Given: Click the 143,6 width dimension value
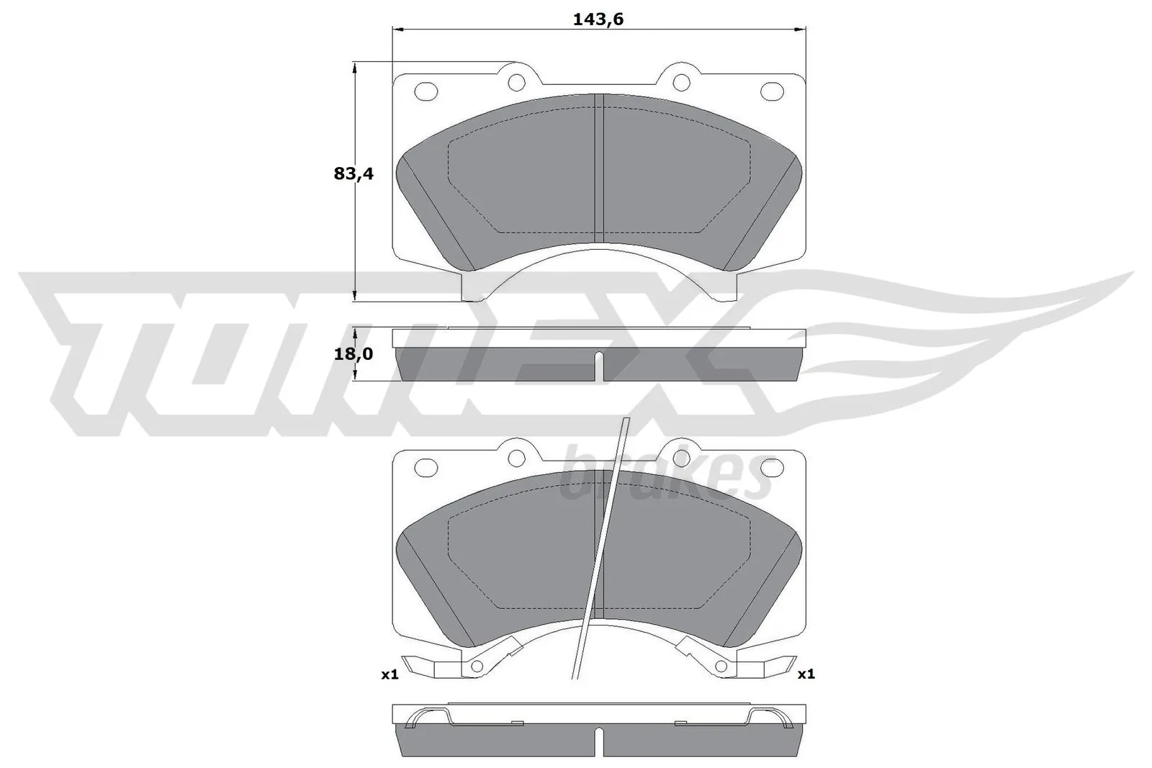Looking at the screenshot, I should [598, 19].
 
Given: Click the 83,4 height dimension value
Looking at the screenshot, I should [354, 173].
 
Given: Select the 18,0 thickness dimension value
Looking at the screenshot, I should [354, 354].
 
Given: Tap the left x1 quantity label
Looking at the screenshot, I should [390, 674].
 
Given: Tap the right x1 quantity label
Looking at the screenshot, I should [806, 674].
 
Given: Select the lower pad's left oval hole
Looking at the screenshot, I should [426, 466].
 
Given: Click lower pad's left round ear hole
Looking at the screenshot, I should [516, 458].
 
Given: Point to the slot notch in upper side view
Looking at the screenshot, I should [598, 366].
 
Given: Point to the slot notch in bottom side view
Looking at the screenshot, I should [598, 741].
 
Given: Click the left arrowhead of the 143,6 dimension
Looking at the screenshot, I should [397, 30].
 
